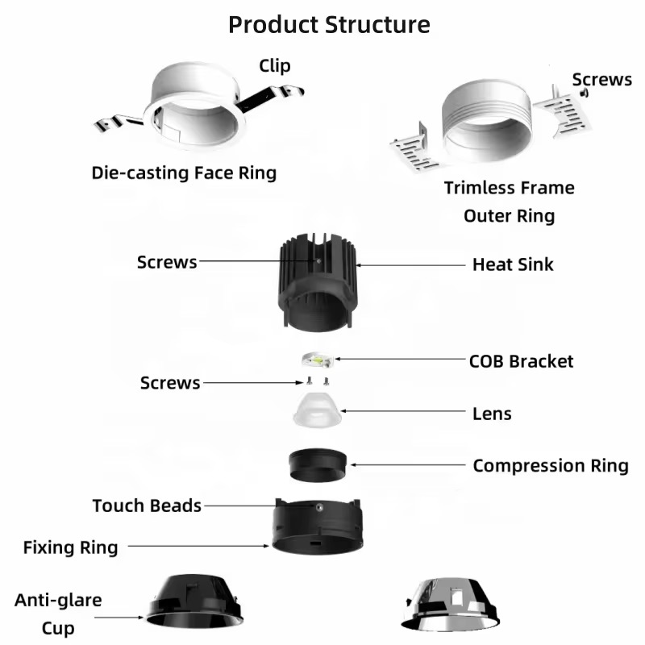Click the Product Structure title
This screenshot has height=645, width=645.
(329, 24)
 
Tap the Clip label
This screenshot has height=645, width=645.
(274, 66)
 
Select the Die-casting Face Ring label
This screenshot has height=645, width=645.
(184, 172)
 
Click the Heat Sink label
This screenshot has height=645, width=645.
(513, 264)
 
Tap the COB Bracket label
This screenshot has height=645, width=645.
(522, 360)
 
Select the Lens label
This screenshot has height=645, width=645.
(492, 414)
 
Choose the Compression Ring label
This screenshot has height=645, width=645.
(551, 465)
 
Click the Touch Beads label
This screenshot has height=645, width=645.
(147, 506)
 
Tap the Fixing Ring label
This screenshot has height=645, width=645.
(70, 547)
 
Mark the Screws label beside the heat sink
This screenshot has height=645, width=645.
(167, 262)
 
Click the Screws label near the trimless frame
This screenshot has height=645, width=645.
(602, 79)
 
